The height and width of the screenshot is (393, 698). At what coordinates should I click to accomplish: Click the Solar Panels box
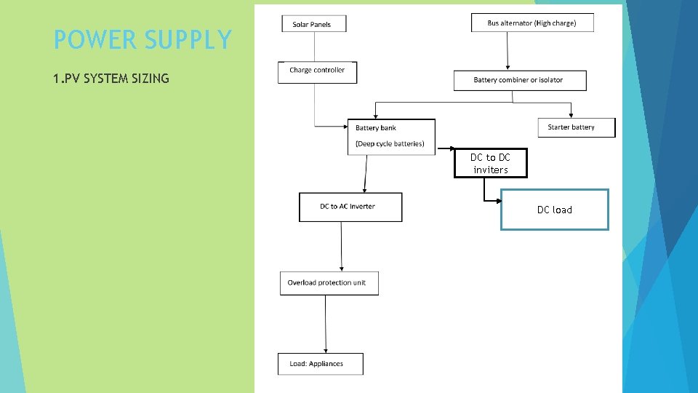click(314, 24)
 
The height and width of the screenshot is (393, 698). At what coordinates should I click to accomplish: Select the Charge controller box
click(317, 71)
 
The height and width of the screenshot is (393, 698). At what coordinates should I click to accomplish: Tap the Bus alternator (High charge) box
click(532, 23)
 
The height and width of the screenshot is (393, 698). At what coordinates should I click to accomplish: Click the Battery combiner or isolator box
click(519, 80)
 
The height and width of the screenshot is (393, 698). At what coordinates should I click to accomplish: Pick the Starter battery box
click(575, 127)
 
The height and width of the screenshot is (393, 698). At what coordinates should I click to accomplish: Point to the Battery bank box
click(391, 136)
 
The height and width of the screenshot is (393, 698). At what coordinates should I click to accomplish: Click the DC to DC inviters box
click(490, 163)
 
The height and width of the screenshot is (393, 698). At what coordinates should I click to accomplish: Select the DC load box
click(554, 210)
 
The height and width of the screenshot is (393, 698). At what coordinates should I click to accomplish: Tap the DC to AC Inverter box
click(350, 207)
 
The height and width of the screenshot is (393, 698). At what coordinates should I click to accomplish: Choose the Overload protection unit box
click(329, 283)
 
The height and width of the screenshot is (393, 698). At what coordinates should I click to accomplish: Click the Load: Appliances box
click(320, 364)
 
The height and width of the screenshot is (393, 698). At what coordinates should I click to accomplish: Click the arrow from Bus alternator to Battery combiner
click(508, 51)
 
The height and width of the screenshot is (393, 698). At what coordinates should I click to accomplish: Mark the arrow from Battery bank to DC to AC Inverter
click(366, 173)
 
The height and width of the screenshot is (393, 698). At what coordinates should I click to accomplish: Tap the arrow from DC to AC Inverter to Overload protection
click(342, 246)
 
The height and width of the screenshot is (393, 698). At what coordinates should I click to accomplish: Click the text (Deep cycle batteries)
click(390, 143)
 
